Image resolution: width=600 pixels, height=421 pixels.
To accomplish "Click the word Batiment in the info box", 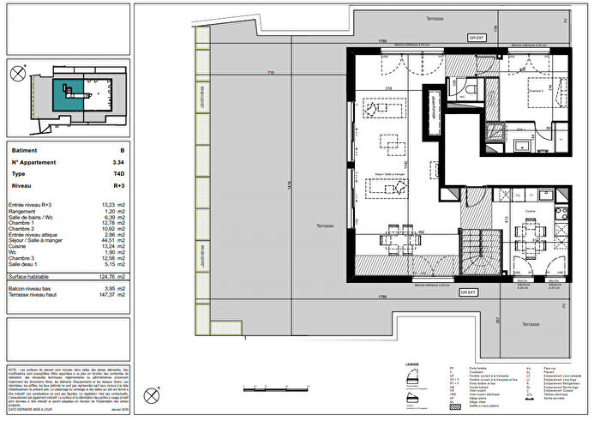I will (x=25, y=148).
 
